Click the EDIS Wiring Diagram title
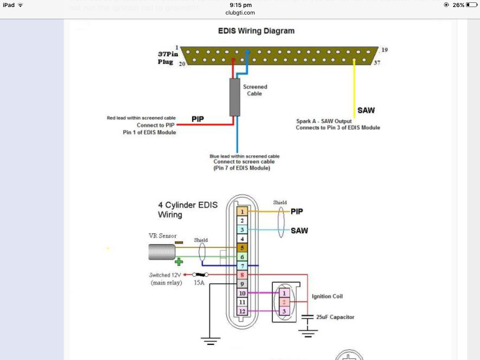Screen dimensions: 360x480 point(256,31)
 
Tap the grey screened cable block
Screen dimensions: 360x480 point(234,97)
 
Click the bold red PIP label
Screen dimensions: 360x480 point(198,119)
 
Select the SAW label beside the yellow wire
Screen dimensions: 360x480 point(366,111)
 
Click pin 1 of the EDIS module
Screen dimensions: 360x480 point(242,212)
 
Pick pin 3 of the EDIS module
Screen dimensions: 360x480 point(242,230)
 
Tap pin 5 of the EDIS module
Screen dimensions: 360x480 point(242,247)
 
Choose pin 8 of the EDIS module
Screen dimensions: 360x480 point(242,275)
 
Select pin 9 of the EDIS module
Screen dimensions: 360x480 point(242,284)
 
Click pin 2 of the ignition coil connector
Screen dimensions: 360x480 point(284,302)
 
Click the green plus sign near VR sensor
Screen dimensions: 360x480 point(179,262)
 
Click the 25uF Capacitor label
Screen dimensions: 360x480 point(335,317)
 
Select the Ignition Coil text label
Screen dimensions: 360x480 point(327,297)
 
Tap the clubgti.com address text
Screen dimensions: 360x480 point(240,13)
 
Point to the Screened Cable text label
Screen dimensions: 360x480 point(255,90)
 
